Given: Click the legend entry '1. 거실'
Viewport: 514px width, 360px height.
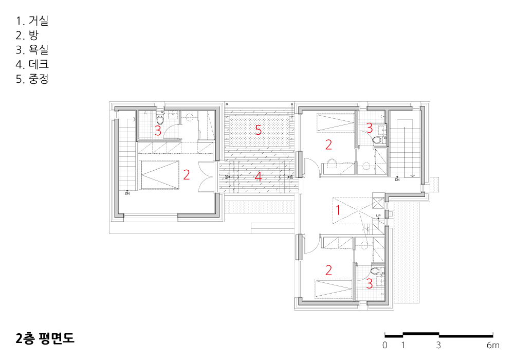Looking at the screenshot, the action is [x=32, y=21].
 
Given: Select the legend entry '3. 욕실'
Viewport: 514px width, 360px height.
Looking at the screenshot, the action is [x=32, y=50].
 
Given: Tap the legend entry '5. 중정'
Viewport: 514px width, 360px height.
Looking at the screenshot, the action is [x=32, y=79].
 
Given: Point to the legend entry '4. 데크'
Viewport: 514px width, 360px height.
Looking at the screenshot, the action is [x=32, y=64].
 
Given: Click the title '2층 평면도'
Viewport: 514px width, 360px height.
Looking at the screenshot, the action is [x=45, y=338].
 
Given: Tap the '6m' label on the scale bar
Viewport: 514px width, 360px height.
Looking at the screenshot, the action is [x=493, y=345].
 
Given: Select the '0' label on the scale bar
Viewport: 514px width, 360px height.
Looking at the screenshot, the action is [x=385, y=345].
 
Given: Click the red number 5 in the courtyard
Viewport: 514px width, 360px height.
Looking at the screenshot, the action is [x=259, y=131].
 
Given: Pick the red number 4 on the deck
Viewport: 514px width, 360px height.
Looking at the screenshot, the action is [x=259, y=177].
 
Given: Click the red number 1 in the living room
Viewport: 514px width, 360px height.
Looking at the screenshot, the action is [x=338, y=210].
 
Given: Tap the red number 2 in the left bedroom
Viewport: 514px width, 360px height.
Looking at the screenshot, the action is [x=187, y=175].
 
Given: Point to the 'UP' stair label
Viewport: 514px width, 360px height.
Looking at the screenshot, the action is [x=378, y=215].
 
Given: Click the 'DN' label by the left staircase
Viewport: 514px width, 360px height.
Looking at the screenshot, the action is [x=127, y=193].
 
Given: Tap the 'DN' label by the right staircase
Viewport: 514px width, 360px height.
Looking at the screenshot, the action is [x=397, y=179].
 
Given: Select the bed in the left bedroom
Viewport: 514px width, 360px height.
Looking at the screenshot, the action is [x=160, y=175].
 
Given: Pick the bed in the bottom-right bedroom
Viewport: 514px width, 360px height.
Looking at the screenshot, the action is [x=334, y=289].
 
